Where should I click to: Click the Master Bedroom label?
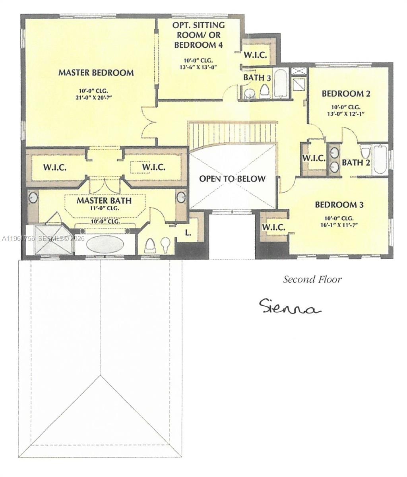(96, 73)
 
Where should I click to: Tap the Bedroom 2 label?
(346, 94)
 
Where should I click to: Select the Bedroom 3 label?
(339, 205)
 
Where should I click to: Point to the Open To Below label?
(232, 178)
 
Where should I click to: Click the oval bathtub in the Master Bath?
(105, 244)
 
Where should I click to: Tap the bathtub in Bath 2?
(380, 160)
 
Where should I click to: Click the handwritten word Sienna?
(289, 307)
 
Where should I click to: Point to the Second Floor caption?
(312, 279)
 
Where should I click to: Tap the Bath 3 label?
(257, 78)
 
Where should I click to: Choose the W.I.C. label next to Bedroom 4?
(255, 54)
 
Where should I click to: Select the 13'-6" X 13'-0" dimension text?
(198, 67)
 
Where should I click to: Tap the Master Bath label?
(104, 200)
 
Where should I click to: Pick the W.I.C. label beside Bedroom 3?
(273, 227)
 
